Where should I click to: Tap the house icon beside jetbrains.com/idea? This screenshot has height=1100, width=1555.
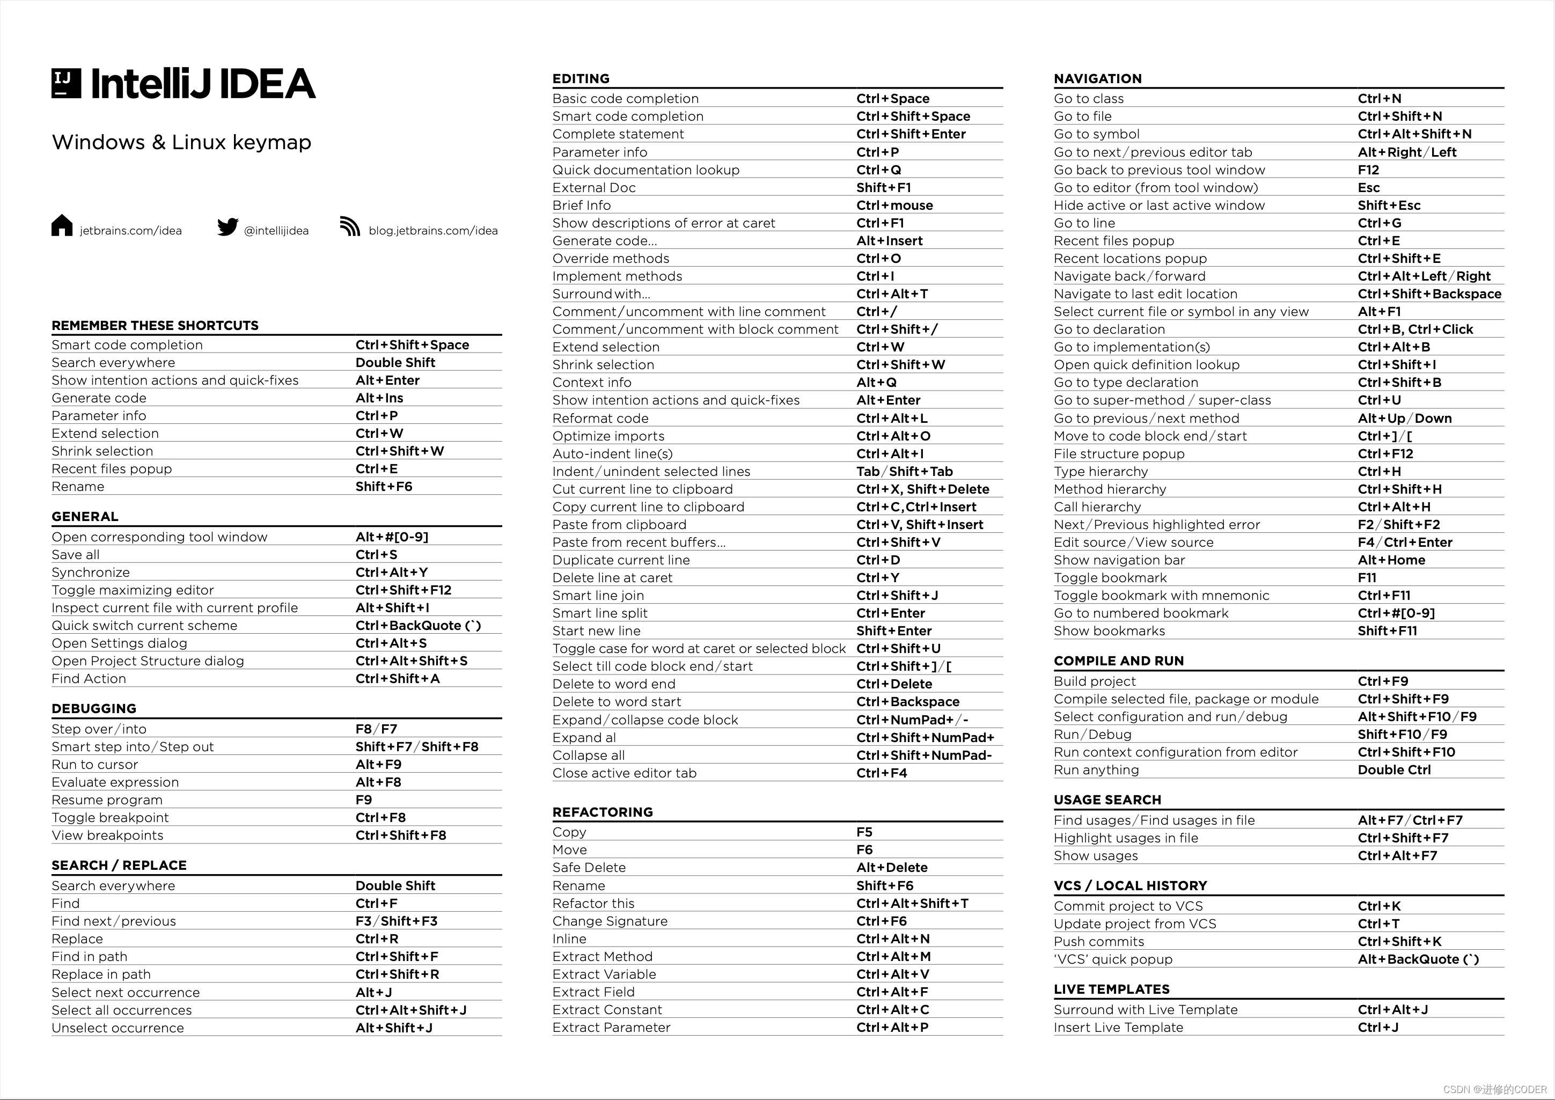(x=62, y=225)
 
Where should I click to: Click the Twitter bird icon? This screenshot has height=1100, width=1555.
(x=228, y=226)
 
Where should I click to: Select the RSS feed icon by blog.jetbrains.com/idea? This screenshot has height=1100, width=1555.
(x=349, y=226)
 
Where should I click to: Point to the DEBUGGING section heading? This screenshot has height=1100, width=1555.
(x=94, y=708)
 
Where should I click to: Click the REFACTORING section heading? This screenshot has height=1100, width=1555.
(x=602, y=812)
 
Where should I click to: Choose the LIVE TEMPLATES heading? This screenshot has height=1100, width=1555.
(x=1111, y=989)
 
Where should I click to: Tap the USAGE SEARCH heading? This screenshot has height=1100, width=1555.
(x=1107, y=800)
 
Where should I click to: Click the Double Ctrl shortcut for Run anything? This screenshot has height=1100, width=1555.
(x=1394, y=770)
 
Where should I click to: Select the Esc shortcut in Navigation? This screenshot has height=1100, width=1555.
(x=1369, y=188)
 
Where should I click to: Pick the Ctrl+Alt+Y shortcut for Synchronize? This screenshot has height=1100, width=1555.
(x=392, y=573)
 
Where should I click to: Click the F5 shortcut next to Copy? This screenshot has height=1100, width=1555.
(x=864, y=832)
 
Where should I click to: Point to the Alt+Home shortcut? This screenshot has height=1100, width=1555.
(x=1391, y=560)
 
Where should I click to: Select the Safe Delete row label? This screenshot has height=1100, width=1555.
(x=589, y=868)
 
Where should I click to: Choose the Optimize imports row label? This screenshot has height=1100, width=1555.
(x=608, y=436)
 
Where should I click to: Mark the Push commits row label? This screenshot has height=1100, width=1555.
(x=1098, y=942)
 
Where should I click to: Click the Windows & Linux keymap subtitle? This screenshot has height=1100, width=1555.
(x=181, y=142)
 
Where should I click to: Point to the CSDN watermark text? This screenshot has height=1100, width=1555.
(x=1495, y=1089)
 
